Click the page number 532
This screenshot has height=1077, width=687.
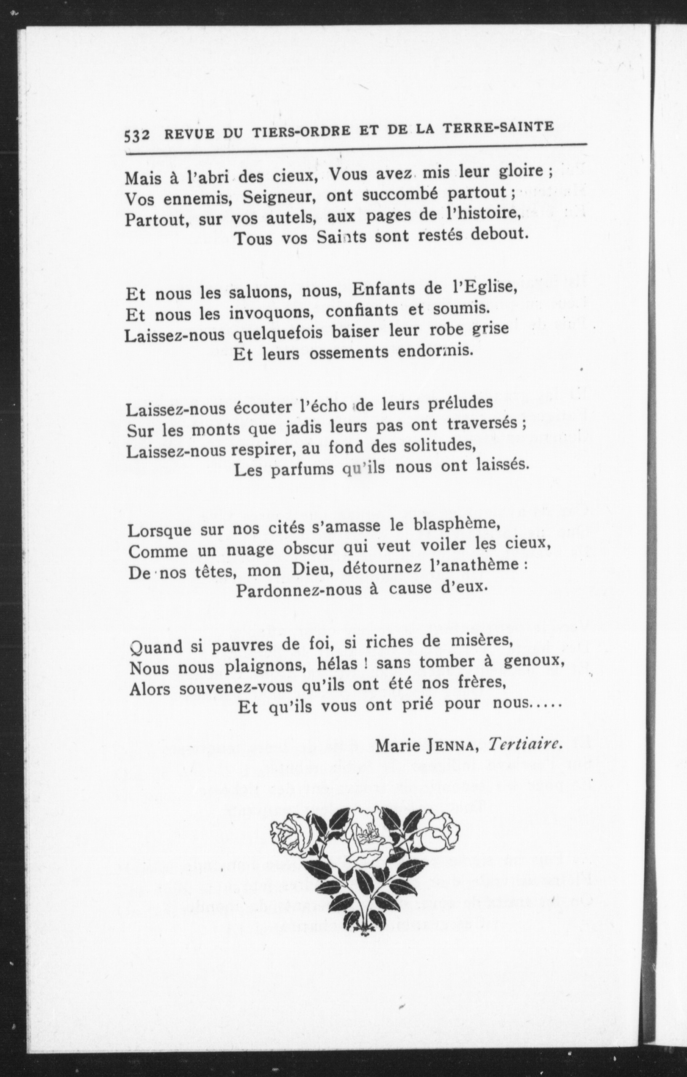click(136, 135)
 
